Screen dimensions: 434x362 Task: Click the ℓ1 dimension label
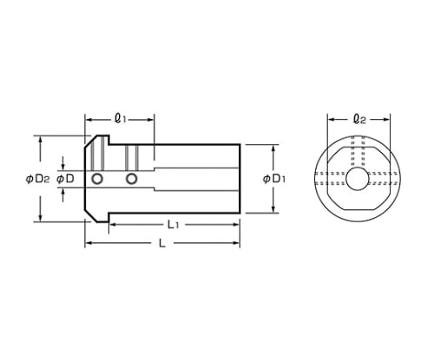120,118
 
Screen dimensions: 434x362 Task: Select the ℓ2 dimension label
359,119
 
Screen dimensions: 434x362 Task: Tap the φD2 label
37,180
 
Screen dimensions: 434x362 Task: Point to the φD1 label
274,179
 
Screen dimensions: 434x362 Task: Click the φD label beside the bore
65,179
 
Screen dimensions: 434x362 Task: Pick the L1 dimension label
174,225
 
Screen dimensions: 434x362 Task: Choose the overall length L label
162,243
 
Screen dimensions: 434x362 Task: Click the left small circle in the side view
97,179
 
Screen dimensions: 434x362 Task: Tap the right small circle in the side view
132,179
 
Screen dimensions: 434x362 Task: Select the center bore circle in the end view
358,179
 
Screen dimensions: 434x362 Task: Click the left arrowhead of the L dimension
89,243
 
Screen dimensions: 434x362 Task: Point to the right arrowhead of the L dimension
236,243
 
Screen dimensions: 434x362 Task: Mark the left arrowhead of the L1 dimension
113,225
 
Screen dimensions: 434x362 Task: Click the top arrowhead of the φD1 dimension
273,148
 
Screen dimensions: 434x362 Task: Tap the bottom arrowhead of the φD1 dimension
273,209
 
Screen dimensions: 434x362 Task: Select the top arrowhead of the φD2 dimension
41,140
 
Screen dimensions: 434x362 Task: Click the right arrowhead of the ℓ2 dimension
386,119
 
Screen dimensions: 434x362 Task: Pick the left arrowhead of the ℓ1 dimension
89,119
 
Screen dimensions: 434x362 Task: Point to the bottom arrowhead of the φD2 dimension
41,218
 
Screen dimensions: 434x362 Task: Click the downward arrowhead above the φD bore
63,167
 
